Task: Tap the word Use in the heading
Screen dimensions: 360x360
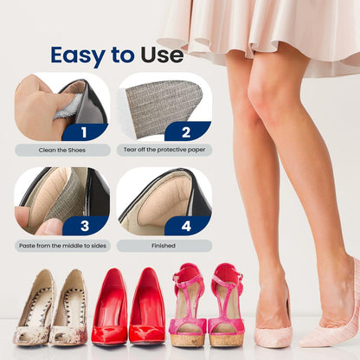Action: coord(162,56)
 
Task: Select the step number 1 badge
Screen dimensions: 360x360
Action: coord(85,132)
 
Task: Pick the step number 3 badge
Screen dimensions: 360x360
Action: coord(85,227)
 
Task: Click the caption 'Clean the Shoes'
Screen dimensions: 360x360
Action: coord(62,150)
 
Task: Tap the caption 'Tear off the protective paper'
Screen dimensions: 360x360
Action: coord(164,150)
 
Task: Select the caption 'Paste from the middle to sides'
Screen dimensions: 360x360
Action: coord(62,245)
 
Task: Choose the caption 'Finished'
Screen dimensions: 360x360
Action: coord(164,245)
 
